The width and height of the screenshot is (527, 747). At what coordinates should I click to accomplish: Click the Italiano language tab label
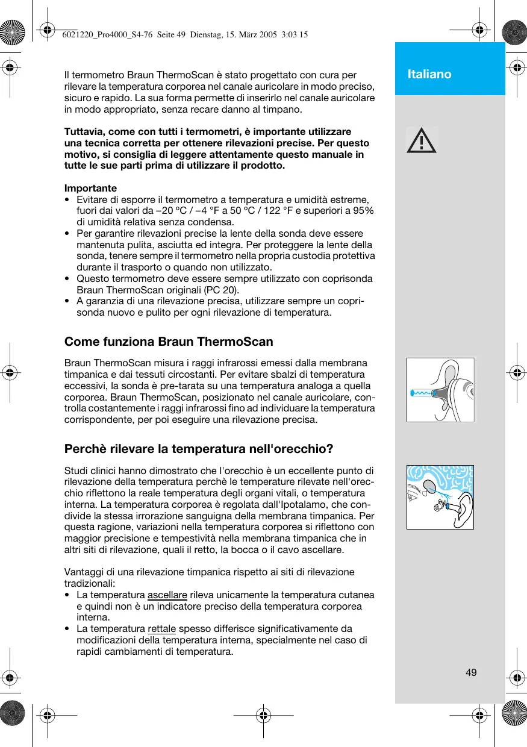429,74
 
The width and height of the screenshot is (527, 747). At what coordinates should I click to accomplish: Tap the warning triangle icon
421,140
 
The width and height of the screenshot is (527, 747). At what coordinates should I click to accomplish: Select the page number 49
471,672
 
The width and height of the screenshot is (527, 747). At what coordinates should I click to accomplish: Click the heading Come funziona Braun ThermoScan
169,342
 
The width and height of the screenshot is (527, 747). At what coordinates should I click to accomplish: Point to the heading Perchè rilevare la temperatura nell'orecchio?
199,449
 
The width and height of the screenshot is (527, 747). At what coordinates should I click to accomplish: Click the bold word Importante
90,188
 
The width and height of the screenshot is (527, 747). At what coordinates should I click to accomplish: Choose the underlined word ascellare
167,595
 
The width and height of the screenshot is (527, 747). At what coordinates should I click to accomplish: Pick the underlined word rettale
161,629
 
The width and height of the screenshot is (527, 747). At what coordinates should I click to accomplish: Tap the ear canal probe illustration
440,390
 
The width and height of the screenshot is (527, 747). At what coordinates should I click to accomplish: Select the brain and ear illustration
440,497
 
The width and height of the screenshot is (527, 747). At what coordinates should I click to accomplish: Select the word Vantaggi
84,572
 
